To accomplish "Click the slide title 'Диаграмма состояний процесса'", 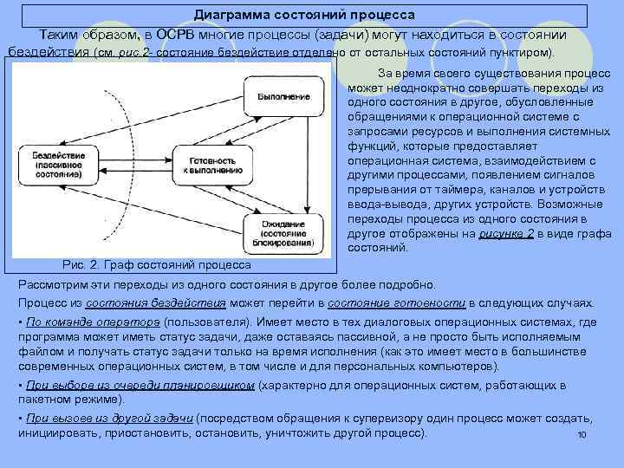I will [304, 16].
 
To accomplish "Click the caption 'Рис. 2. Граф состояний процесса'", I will [158, 263].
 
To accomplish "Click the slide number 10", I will [582, 434].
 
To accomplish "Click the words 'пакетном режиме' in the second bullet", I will [70, 400].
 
